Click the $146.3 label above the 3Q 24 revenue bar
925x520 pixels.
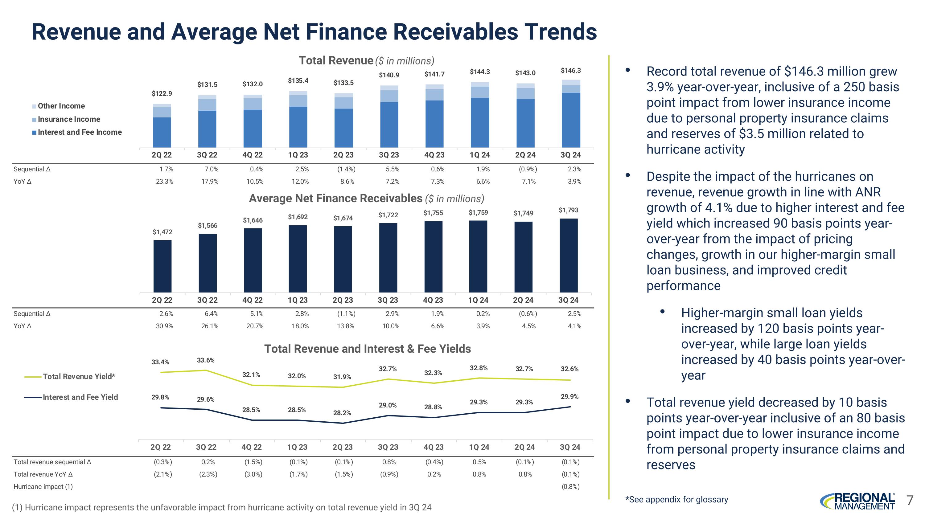tap(571, 71)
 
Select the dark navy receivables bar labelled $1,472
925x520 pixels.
tap(162, 266)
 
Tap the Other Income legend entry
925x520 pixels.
tap(61, 106)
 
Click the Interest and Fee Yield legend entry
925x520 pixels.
tap(80, 397)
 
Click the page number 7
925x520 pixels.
tap(910, 500)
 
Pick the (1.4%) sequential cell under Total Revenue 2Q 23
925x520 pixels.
tap(346, 169)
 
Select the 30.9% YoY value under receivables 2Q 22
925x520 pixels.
tap(164, 326)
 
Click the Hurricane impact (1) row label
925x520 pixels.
tap(43, 487)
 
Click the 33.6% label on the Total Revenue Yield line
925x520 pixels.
tap(206, 360)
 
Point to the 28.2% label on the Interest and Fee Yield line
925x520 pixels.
tap(342, 413)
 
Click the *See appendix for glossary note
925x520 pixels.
tap(676, 500)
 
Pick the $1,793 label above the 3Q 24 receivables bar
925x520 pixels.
tap(569, 210)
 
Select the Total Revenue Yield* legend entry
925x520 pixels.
tap(79, 376)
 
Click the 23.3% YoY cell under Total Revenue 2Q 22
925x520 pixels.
tap(164, 182)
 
